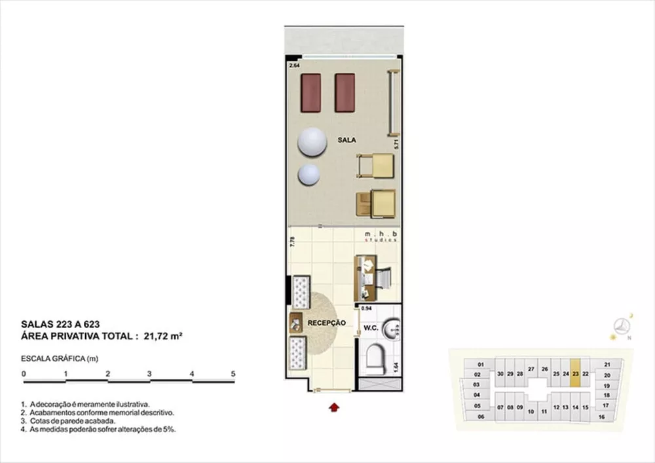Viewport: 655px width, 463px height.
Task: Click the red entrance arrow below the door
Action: point(334,407)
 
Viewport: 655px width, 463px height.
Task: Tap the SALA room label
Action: point(347,140)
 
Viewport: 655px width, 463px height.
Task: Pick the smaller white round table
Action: point(309,174)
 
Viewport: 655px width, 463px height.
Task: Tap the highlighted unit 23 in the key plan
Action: point(575,374)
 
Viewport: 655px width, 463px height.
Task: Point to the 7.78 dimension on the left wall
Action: point(292,242)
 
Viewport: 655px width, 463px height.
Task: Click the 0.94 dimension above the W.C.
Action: point(366,307)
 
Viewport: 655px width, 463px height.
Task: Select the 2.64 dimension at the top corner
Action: point(294,65)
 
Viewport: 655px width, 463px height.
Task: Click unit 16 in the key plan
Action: point(601,417)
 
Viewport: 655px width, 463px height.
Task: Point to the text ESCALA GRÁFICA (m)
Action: point(60,359)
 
